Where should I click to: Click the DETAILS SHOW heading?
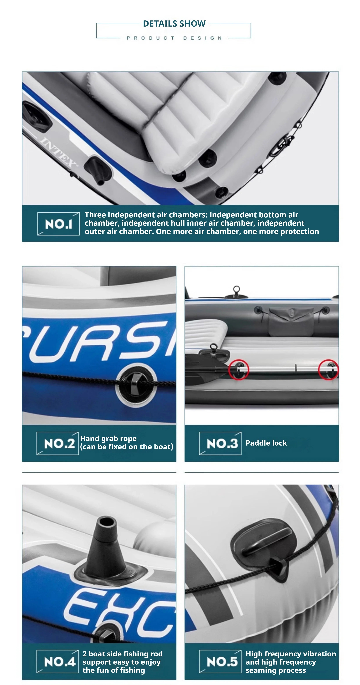click(x=174, y=24)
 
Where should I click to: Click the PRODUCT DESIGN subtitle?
click(x=174, y=38)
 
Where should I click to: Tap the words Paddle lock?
click(x=266, y=443)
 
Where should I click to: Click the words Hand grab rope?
click(x=108, y=438)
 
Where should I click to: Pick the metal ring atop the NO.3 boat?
click(x=236, y=289)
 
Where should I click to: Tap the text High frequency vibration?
click(x=291, y=654)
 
